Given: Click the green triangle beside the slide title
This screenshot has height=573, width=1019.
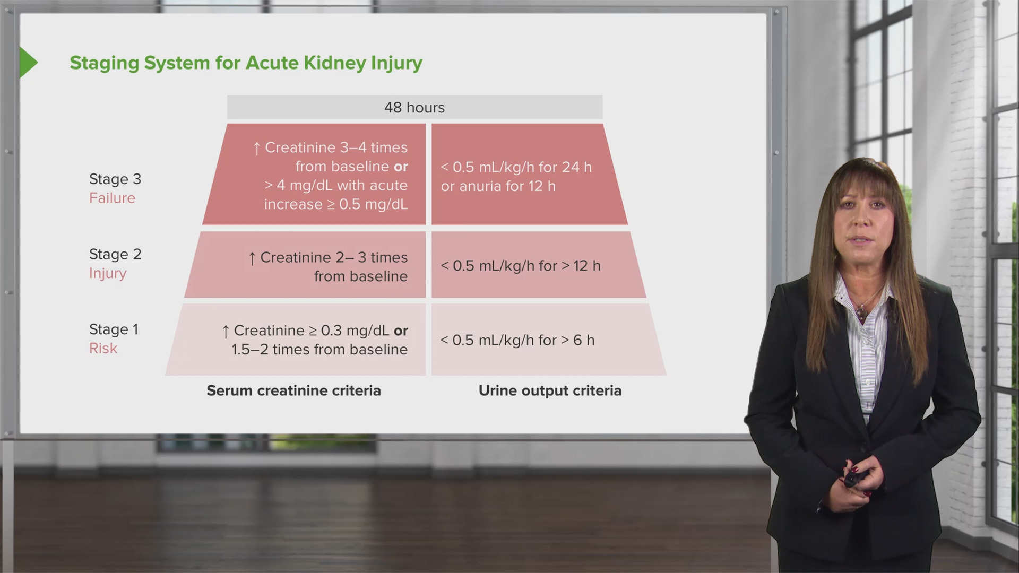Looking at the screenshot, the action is (28, 63).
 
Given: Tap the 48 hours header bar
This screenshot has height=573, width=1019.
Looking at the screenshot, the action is (414, 107).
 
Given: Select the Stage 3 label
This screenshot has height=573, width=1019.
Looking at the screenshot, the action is (115, 179).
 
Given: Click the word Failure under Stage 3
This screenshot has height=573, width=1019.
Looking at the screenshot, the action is (112, 198).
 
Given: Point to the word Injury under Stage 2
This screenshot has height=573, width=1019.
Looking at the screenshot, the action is (108, 273).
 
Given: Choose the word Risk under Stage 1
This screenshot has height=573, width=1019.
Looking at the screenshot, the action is (103, 348).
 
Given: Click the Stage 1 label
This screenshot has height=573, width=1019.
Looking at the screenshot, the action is (114, 329).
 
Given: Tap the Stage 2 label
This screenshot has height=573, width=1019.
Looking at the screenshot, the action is (115, 255).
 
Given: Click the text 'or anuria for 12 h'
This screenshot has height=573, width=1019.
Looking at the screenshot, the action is (498, 186).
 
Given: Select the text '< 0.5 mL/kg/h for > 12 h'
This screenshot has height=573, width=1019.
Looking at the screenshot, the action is (520, 266).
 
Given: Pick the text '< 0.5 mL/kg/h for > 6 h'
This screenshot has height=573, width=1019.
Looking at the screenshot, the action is (517, 340).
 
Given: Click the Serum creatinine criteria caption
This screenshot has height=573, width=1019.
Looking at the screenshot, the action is (293, 390).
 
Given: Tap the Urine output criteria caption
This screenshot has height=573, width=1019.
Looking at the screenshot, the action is (550, 390).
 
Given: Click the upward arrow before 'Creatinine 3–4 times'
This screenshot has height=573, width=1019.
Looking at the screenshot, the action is (257, 148).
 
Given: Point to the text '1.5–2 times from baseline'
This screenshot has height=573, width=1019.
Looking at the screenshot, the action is (319, 350).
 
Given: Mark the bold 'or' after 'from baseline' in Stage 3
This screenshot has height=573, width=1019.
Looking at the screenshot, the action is (401, 167).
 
